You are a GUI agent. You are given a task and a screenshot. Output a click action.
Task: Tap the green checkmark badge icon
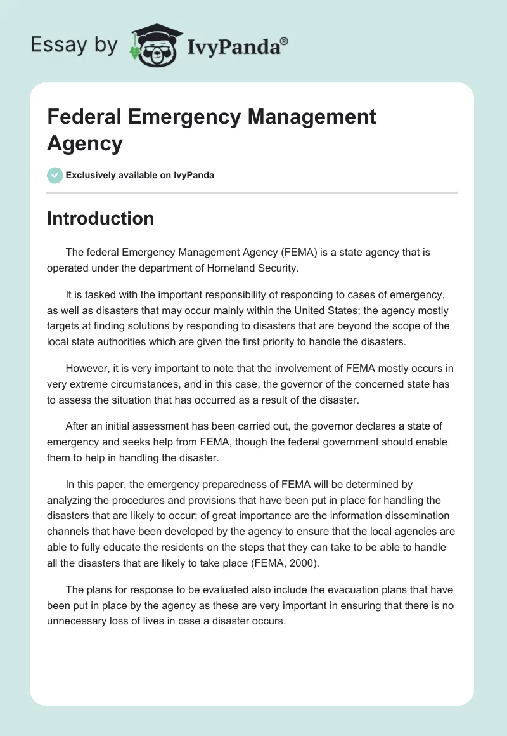[55, 175]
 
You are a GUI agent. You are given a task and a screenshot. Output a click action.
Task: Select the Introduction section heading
[101, 219]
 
